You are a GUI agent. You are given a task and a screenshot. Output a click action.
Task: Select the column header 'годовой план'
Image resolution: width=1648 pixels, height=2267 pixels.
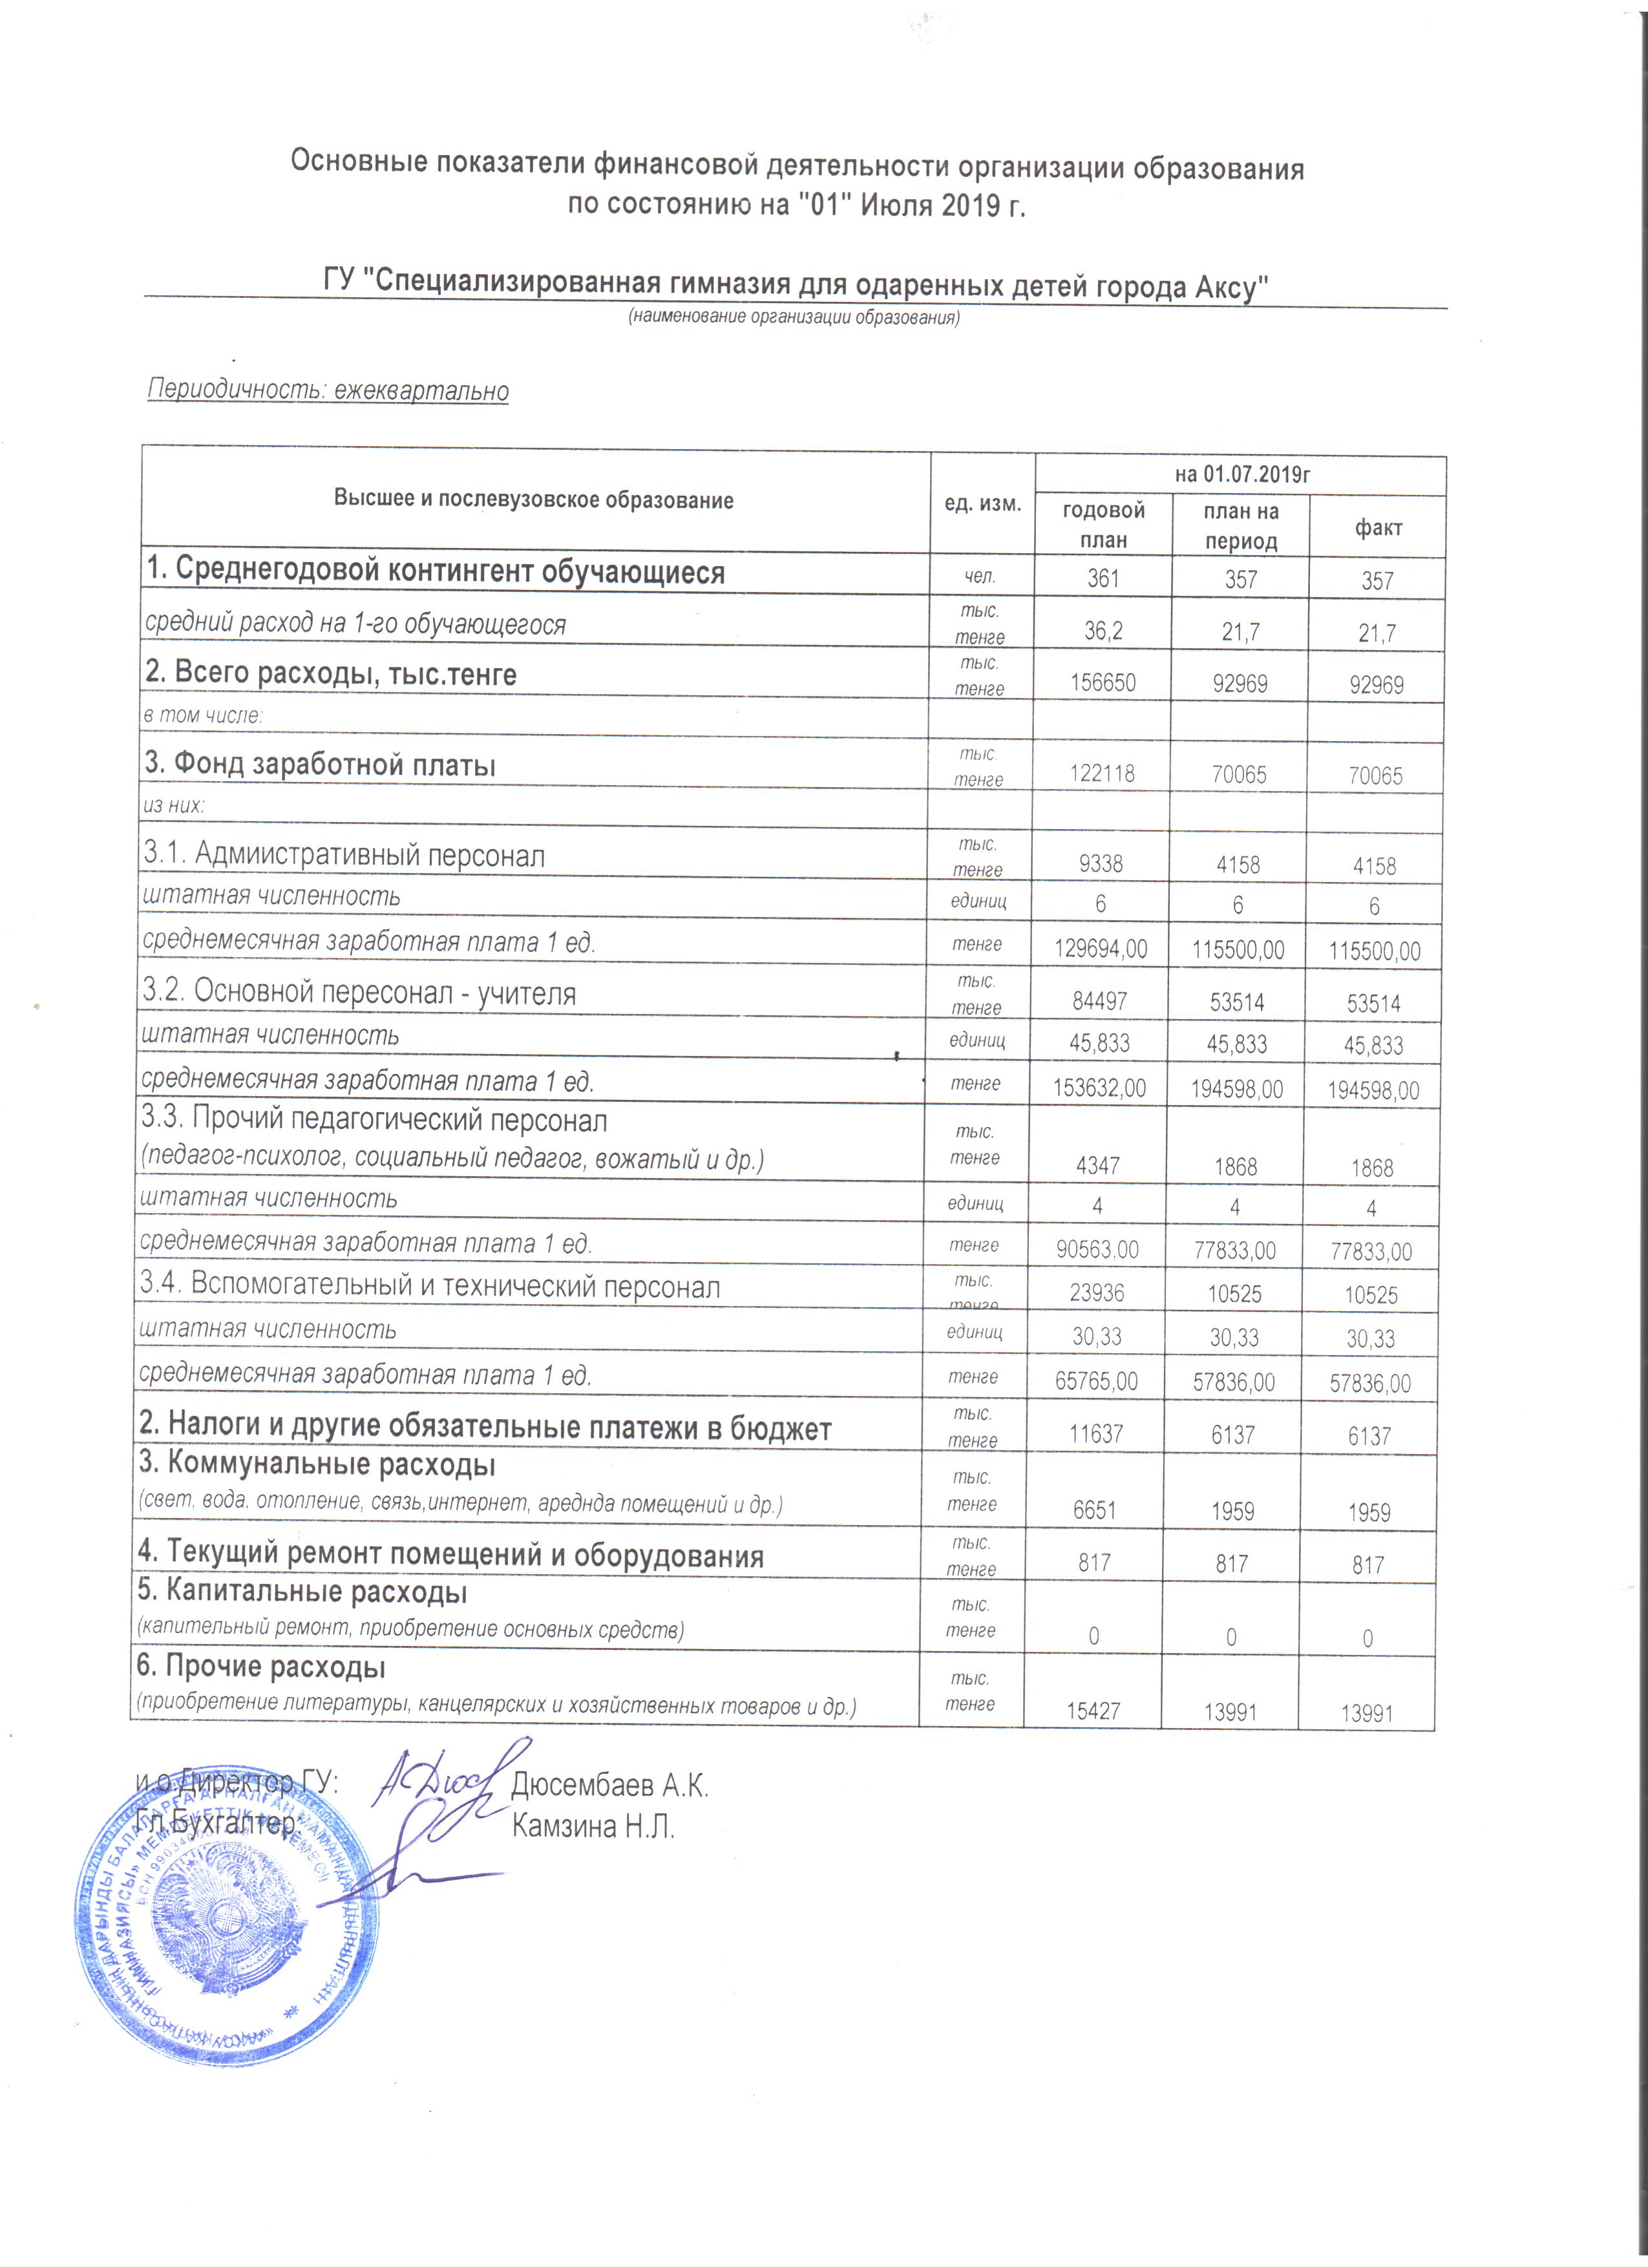tap(1103, 525)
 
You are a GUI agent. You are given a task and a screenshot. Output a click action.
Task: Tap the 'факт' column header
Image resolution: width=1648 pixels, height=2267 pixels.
tap(1378, 528)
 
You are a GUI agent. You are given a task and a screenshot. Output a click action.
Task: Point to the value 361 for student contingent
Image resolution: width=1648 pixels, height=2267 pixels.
tap(1103, 579)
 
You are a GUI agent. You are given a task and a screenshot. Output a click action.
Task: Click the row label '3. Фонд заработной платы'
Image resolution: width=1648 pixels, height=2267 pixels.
tap(321, 764)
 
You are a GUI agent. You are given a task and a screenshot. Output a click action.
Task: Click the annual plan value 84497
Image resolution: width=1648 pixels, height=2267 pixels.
tap(1101, 1002)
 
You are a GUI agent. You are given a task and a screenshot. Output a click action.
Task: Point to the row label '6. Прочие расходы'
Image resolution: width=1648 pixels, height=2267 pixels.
tap(262, 1666)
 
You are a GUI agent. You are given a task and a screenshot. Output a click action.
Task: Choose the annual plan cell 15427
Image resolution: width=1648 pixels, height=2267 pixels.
tap(1093, 1710)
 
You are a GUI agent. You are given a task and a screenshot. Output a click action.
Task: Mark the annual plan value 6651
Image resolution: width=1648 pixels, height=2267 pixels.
tap(1094, 1510)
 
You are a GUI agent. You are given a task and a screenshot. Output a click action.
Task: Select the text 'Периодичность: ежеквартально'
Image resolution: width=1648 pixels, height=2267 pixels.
tap(328, 390)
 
